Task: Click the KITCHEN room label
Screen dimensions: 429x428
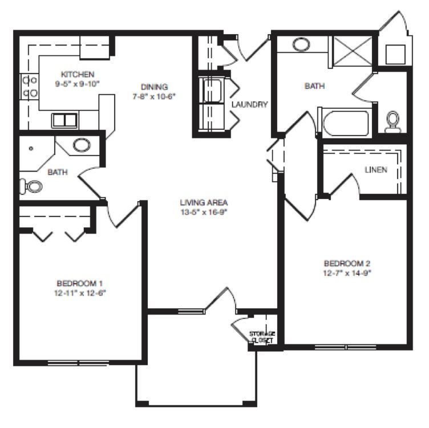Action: (78, 74)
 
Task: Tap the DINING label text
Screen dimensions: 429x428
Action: (154, 87)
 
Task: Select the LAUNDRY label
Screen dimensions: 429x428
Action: (249, 104)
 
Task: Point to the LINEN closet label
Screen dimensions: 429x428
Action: (376, 170)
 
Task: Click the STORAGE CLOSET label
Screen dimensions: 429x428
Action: (261, 337)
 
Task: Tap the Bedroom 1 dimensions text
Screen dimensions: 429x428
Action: (80, 293)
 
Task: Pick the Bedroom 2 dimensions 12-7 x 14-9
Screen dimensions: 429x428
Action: (347, 273)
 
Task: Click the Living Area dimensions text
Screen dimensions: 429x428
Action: (204, 212)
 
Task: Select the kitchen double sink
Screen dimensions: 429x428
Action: (64, 120)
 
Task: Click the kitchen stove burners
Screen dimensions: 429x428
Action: (30, 87)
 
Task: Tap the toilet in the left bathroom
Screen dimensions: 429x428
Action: (31, 186)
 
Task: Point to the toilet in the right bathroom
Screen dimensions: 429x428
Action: (392, 121)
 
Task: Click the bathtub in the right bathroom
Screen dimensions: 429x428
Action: (345, 123)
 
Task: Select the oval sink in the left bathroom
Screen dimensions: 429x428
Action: (82, 145)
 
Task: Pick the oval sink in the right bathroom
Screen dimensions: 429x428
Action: (301, 44)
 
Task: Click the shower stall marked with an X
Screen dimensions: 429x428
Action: (353, 51)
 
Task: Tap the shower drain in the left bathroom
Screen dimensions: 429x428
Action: (31, 148)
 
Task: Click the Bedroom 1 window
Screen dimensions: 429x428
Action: (79, 363)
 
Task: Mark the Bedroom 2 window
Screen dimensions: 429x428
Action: (346, 348)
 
